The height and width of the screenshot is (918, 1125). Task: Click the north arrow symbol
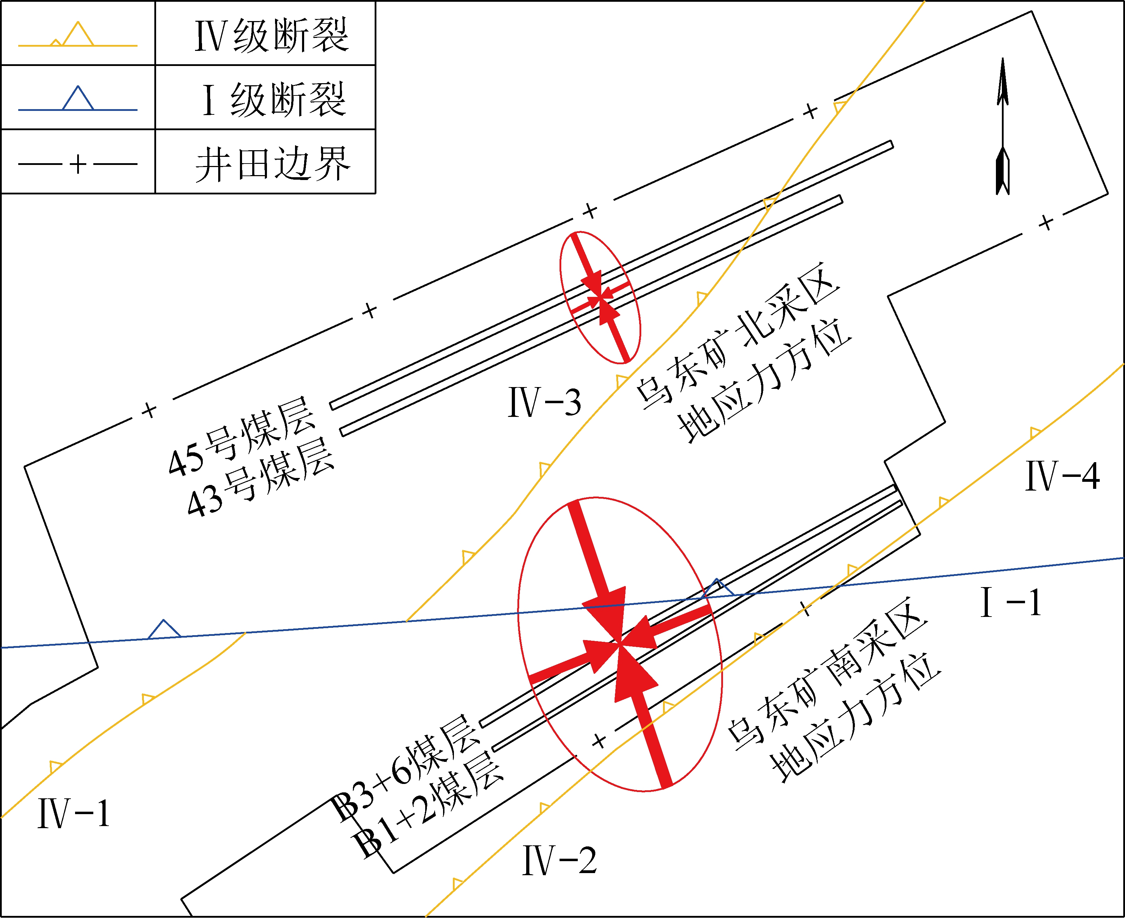(1002, 127)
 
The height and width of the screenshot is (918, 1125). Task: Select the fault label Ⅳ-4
(1063, 476)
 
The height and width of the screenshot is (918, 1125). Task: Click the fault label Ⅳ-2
(559, 861)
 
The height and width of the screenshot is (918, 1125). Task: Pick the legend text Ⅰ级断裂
(274, 99)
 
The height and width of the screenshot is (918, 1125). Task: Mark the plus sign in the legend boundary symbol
(78, 164)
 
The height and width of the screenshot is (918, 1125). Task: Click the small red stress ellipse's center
(600, 298)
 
